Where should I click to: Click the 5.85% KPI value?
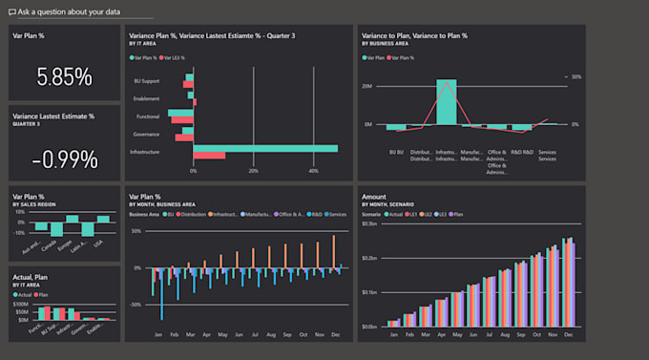pos(64,76)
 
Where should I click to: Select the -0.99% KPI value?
pos(64,159)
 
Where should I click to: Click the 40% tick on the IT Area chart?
pos(314,171)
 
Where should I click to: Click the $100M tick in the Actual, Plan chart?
pos(21,304)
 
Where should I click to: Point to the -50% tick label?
pos(136,304)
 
